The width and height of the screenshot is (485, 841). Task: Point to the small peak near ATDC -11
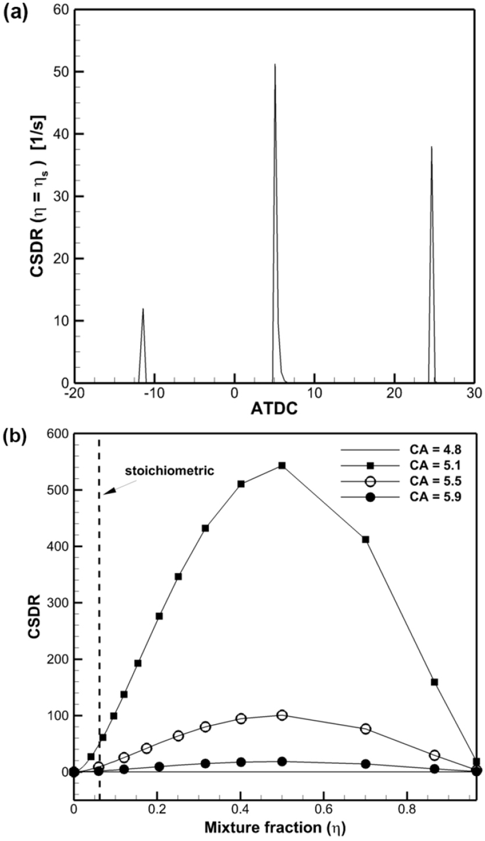coord(142,310)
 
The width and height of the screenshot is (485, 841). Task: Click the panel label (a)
coord(13,13)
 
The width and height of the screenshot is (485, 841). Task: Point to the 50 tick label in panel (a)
coord(58,72)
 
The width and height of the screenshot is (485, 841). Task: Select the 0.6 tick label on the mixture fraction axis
coord(323,809)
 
